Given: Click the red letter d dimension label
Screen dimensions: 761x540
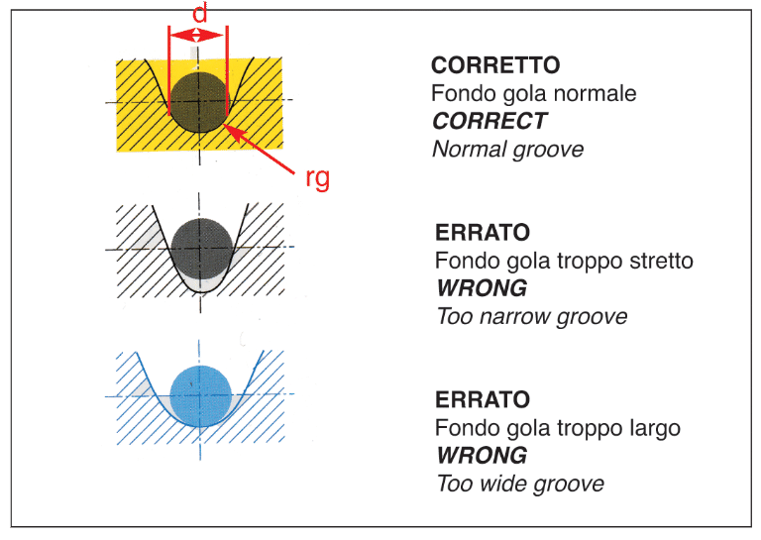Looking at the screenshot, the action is click(199, 13).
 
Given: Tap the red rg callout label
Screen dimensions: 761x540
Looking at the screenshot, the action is click(317, 178).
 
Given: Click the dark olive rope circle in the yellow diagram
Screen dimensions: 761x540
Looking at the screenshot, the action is click(199, 102).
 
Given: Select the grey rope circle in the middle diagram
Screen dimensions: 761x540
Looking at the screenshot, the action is click(202, 249).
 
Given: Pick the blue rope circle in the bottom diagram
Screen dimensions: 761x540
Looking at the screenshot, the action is click(201, 396).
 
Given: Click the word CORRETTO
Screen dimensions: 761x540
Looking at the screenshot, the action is click(495, 65).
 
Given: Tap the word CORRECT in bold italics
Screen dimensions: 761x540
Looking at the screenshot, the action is click(489, 121).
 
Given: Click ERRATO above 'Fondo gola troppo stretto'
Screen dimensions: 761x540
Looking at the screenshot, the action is click(483, 233).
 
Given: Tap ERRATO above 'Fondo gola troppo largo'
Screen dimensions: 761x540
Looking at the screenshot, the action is click(483, 399).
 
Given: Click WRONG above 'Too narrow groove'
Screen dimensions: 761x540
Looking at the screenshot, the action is click(482, 288).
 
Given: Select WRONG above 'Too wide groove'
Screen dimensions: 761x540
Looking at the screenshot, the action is click(482, 456).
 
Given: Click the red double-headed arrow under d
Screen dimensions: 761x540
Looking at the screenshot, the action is click(197, 35).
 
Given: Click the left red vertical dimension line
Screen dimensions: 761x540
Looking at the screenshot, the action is click(168, 70).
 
